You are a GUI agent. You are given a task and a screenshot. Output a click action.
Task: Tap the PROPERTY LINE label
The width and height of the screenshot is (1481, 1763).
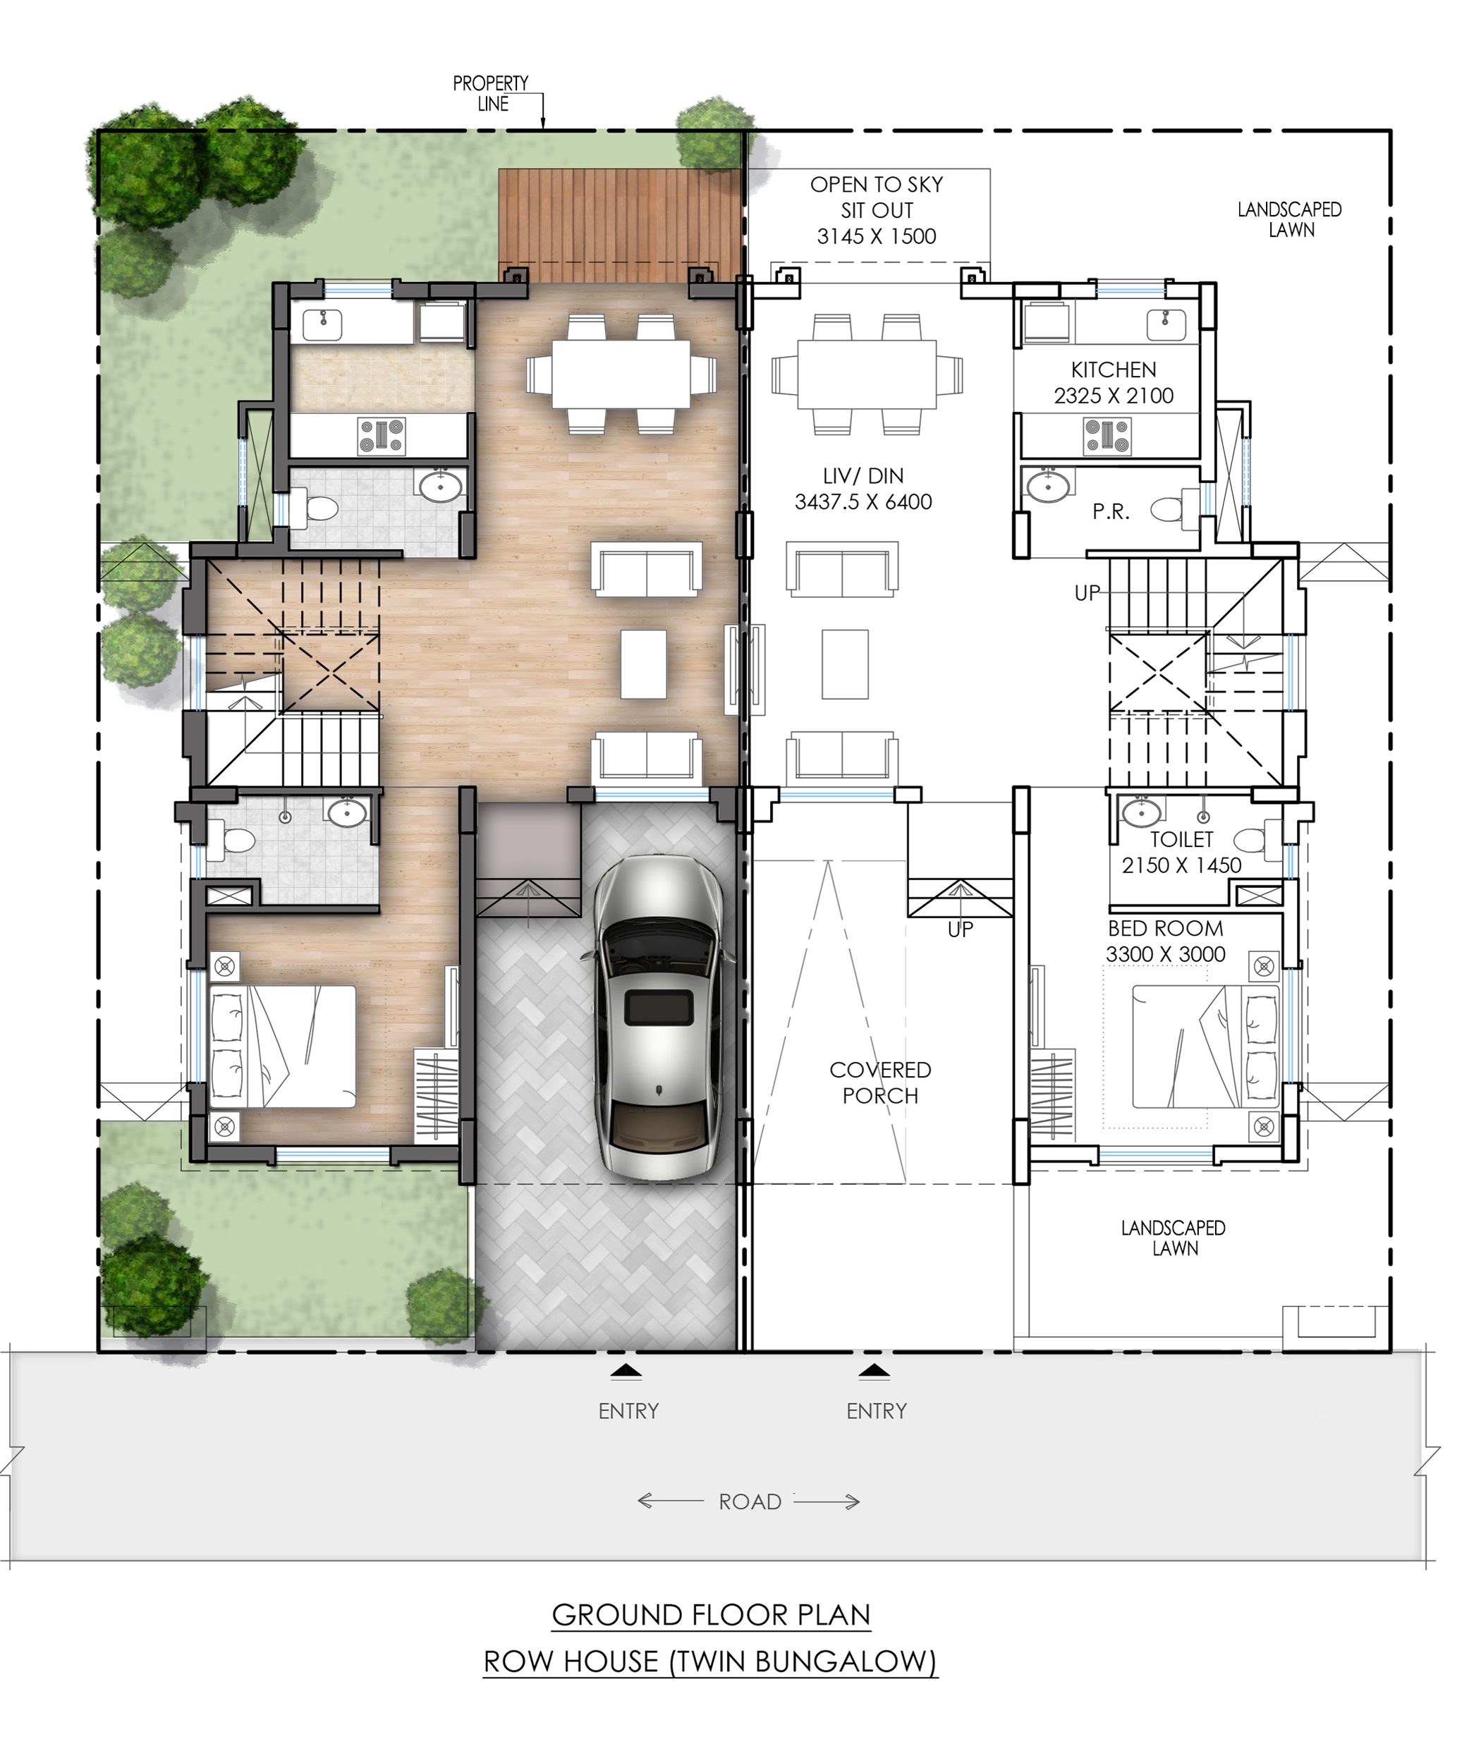click(x=491, y=93)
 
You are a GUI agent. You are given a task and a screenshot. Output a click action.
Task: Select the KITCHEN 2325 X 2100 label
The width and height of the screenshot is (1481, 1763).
click(x=1114, y=383)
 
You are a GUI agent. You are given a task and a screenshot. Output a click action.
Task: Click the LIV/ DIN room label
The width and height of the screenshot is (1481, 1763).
click(x=863, y=489)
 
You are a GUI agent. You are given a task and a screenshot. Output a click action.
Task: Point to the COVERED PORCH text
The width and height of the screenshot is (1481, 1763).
click(x=880, y=1082)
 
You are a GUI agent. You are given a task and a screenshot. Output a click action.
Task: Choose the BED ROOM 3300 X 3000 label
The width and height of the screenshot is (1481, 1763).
click(x=1165, y=941)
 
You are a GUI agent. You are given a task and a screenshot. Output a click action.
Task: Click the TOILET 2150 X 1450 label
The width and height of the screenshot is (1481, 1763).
click(x=1181, y=852)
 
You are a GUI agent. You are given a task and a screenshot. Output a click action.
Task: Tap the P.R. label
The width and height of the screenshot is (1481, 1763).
click(x=1111, y=511)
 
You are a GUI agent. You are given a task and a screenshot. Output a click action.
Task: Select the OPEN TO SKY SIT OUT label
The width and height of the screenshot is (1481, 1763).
click(x=877, y=210)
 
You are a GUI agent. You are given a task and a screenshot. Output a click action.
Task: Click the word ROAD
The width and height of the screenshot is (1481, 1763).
click(x=750, y=1502)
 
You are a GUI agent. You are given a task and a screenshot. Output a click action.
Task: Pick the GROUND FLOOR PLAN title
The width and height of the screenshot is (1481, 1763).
click(x=711, y=1614)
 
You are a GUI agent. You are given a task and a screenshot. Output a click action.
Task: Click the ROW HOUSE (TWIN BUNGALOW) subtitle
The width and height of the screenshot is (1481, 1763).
click(x=710, y=1661)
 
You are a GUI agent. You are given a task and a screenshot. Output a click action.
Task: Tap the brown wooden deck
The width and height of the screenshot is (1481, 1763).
click(x=620, y=226)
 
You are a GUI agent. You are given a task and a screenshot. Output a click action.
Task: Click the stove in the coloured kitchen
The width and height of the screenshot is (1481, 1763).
click(x=382, y=437)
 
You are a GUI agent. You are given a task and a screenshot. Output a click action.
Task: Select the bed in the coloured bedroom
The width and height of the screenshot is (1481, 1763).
click(x=283, y=1046)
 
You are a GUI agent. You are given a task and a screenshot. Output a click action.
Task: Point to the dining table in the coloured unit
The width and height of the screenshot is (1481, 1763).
click(x=621, y=374)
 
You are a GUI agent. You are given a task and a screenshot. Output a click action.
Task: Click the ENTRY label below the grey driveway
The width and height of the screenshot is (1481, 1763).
click(x=628, y=1411)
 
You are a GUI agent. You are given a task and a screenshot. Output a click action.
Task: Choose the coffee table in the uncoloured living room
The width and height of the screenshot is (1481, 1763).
click(x=845, y=664)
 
